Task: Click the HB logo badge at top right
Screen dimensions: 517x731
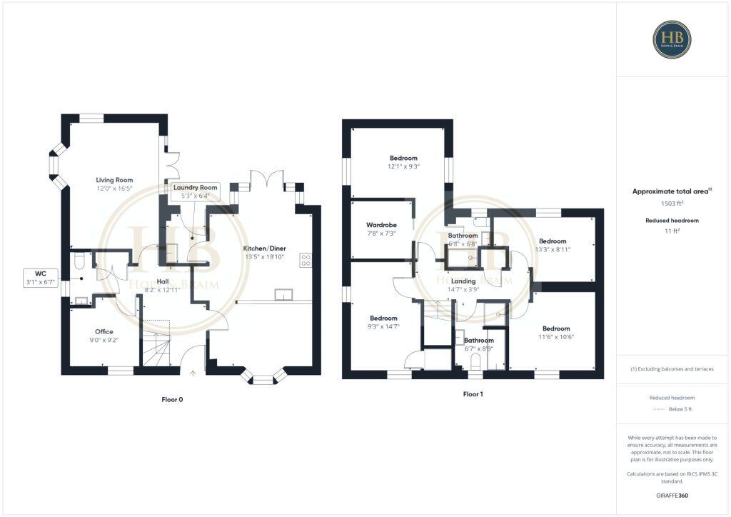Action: coord(672,39)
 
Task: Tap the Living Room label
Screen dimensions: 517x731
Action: coord(114,180)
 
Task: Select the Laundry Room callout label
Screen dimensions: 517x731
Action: coord(196,187)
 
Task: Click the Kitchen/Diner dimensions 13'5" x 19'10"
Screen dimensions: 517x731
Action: coord(264,257)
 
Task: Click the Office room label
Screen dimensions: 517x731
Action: coord(104,331)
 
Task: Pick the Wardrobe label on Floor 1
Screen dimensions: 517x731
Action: coord(382,225)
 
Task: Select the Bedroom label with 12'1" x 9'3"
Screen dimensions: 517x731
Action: coord(403,158)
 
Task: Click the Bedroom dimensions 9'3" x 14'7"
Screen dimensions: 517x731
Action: coord(384,326)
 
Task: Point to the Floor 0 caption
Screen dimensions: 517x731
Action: coord(172,400)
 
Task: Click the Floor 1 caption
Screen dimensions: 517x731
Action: coord(473,394)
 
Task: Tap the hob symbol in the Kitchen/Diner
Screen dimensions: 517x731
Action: coord(306,260)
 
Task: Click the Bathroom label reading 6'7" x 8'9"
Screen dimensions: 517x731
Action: coord(478,340)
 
